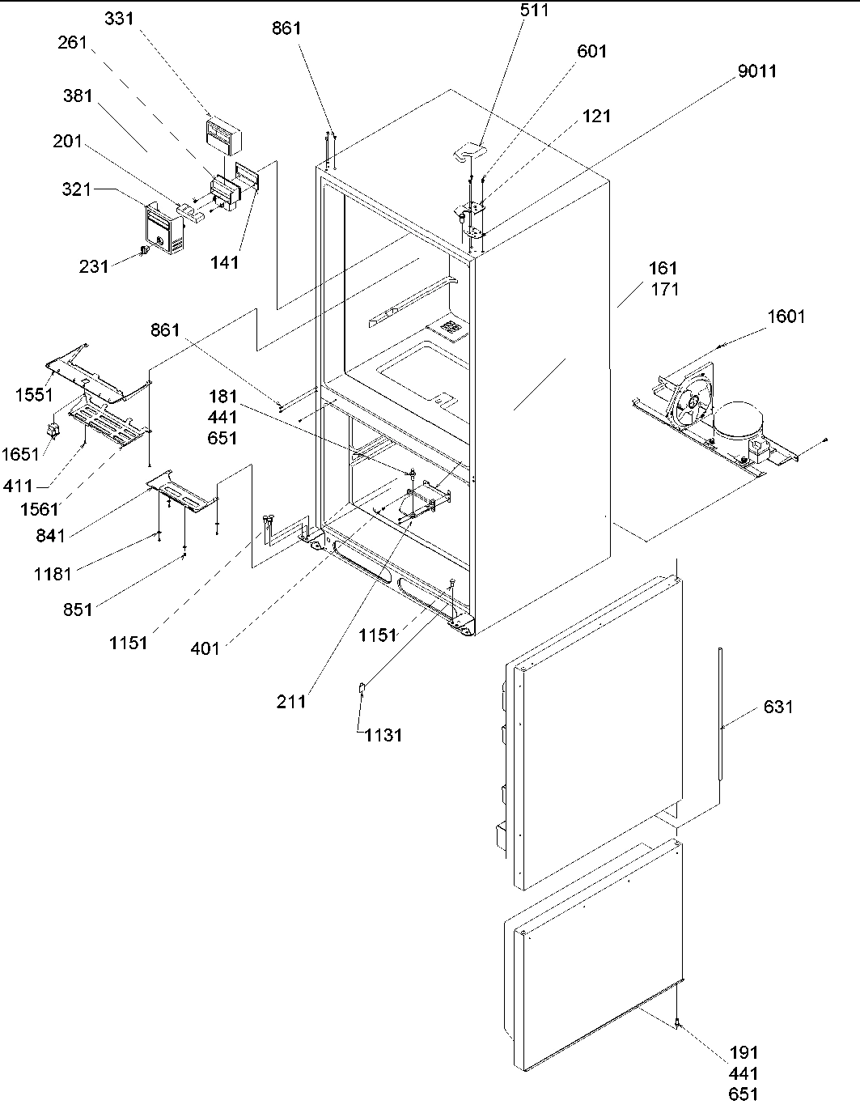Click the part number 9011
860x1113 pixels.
[757, 71]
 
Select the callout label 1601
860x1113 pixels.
[786, 316]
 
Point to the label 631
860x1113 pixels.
[778, 707]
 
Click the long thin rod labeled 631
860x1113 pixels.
[718, 712]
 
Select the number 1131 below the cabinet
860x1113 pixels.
[383, 735]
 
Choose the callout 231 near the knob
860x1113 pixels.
[94, 266]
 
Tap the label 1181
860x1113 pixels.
[53, 574]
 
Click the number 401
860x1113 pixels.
[205, 648]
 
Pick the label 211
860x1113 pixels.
[291, 702]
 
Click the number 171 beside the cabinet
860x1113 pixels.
[664, 289]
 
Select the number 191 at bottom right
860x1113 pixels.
[743, 1052]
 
